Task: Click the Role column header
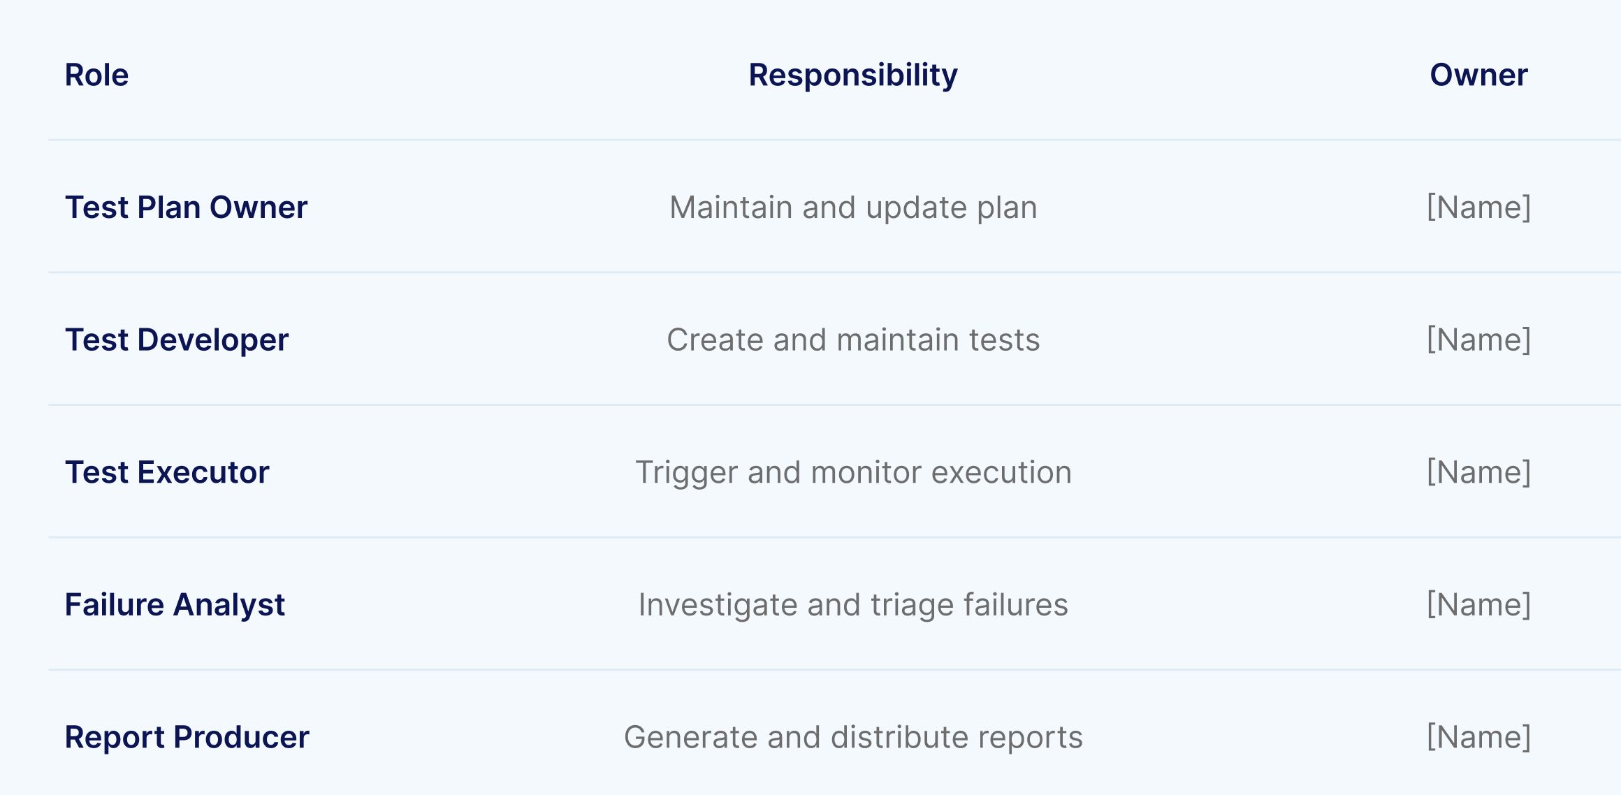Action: [96, 75]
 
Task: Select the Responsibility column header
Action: [852, 75]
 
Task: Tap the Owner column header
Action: [1478, 75]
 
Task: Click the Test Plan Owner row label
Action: [186, 207]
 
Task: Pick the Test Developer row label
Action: [176, 340]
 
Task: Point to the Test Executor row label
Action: [167, 472]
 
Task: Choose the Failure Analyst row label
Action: [175, 605]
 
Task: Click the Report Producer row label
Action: [187, 737]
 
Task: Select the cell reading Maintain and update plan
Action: [853, 207]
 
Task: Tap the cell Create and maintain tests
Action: [853, 340]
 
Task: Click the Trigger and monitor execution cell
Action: [853, 472]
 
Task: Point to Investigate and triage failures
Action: [853, 605]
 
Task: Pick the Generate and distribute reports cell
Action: [853, 737]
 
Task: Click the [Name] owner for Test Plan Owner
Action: [1478, 207]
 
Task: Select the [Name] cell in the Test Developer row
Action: [1478, 340]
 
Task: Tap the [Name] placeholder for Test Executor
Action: [1478, 472]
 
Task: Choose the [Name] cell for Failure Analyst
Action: [1478, 605]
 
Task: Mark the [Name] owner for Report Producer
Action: [1478, 737]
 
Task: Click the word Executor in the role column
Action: [203, 472]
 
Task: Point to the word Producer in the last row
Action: [241, 737]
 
